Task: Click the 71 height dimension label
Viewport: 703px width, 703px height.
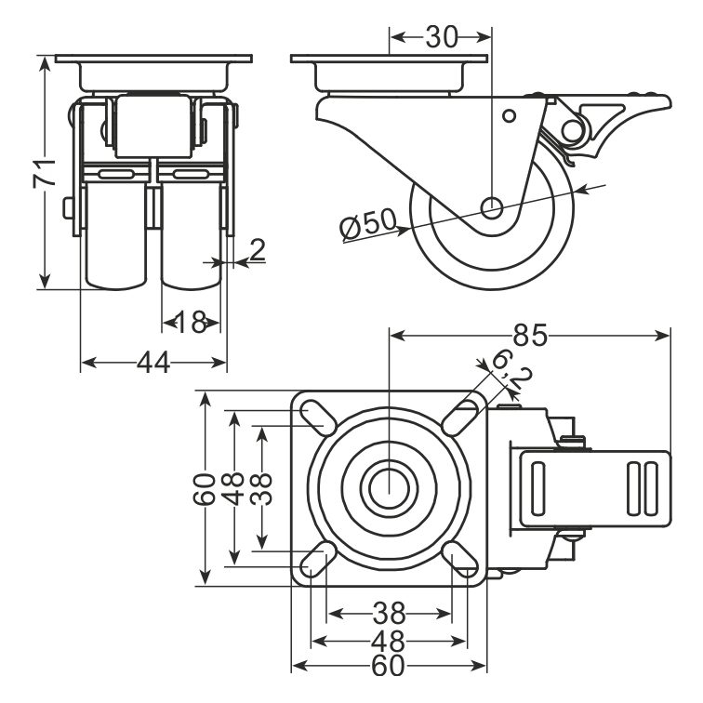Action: (45, 173)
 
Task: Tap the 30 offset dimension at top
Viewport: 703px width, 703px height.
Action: (442, 37)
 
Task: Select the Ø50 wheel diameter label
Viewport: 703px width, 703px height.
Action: (368, 224)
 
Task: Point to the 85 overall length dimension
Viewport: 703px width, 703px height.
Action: (530, 335)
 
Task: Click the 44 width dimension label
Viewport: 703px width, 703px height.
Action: (153, 363)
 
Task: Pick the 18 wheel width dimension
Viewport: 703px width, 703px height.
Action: (191, 322)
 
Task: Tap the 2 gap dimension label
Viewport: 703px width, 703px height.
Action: (258, 250)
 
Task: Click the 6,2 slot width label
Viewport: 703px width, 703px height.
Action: (511, 372)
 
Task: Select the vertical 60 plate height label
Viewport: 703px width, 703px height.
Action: (205, 489)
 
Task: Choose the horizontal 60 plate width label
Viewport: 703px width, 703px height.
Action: (389, 666)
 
